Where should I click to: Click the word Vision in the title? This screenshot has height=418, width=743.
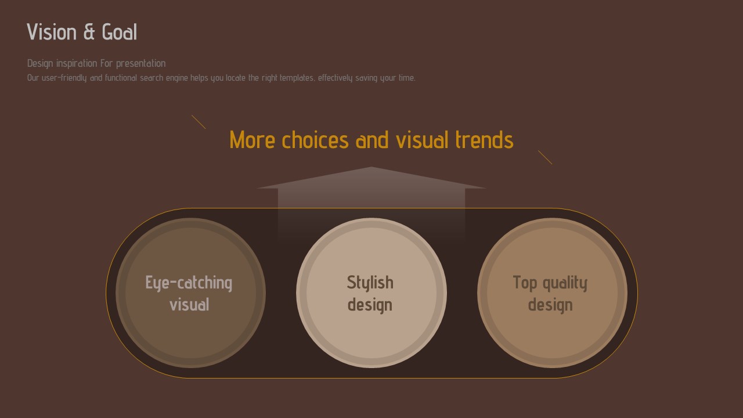[52, 32]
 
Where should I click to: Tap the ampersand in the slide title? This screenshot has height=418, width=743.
[89, 32]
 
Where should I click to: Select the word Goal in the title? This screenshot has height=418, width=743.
[120, 32]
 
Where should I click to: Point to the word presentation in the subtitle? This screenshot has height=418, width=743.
[140, 64]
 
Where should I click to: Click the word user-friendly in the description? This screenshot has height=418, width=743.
[64, 78]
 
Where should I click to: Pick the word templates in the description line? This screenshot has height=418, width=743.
[297, 78]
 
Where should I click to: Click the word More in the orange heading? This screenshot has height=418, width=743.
[252, 140]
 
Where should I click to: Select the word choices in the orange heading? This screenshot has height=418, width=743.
[315, 140]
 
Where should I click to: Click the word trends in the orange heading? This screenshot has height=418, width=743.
[485, 140]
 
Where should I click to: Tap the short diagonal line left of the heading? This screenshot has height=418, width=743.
[199, 122]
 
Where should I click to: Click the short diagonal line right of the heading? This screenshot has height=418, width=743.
[545, 157]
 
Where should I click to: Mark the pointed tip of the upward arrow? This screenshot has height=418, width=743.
[371, 167]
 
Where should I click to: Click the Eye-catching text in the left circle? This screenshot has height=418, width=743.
[189, 283]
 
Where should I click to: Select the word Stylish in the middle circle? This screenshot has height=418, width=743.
[370, 283]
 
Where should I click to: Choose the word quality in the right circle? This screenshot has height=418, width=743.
[565, 283]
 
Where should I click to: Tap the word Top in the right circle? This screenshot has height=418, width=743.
[525, 283]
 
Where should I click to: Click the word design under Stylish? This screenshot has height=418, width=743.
[370, 305]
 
